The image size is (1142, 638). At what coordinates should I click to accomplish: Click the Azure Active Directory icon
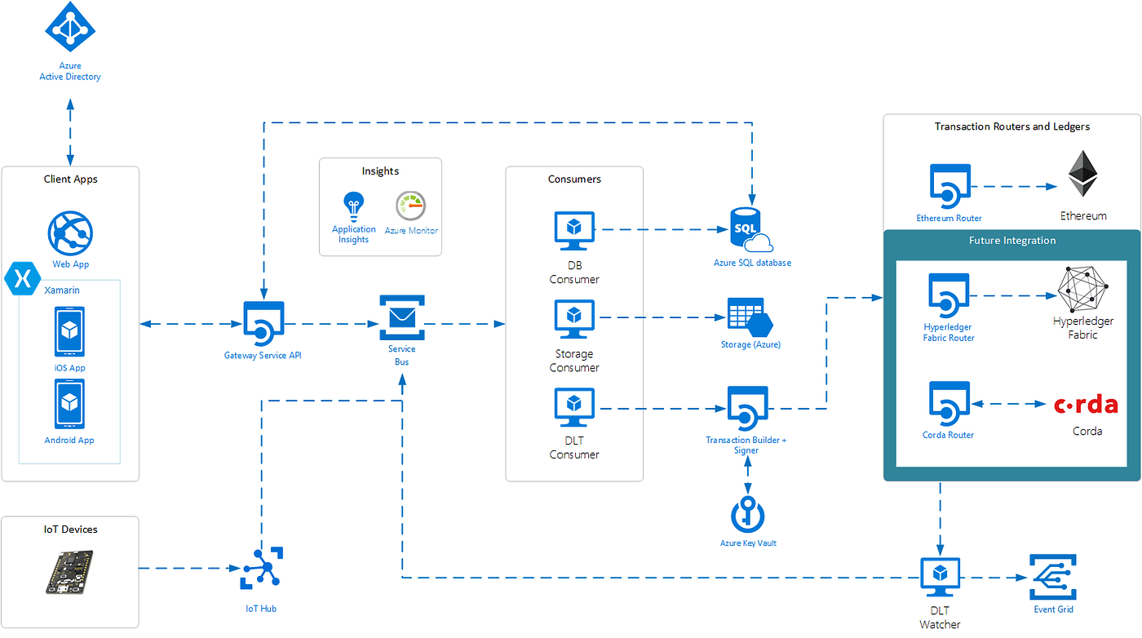(70, 28)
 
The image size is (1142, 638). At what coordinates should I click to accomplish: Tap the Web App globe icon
(70, 233)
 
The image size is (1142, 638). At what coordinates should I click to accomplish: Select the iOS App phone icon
(70, 332)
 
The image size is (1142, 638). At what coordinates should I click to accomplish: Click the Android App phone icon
(70, 404)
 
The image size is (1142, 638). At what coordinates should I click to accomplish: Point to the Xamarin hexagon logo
(21, 277)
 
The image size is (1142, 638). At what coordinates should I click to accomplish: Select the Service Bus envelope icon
(402, 317)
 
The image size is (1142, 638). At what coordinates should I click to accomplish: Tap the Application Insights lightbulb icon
(353, 206)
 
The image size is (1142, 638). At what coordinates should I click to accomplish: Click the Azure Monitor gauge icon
(411, 206)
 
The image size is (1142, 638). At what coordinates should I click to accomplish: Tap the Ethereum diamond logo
(1083, 173)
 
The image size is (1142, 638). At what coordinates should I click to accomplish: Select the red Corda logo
(1086, 405)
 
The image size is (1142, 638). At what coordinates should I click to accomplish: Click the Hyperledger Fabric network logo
(1083, 290)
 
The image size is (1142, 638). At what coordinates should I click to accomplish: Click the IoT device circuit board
(69, 572)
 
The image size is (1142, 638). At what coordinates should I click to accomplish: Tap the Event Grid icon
(1053, 578)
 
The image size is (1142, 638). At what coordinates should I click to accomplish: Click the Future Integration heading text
(1011, 241)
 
